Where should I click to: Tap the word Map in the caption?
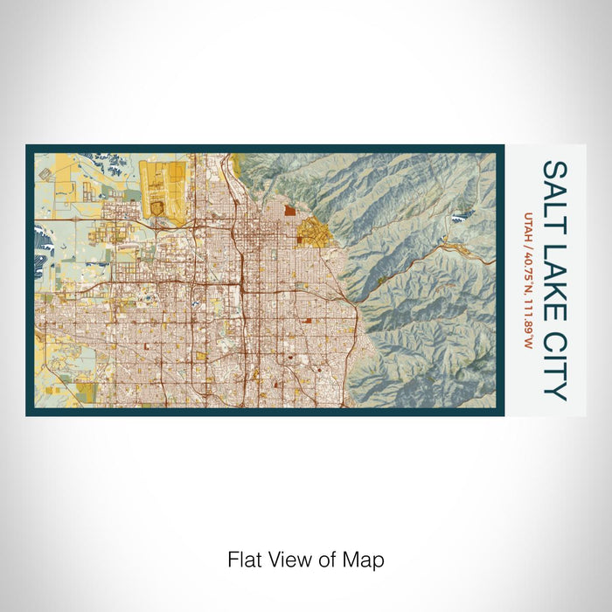[367, 559]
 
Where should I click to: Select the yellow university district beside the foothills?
[311, 232]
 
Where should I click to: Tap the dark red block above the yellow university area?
[289, 210]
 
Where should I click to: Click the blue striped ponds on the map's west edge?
[39, 236]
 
